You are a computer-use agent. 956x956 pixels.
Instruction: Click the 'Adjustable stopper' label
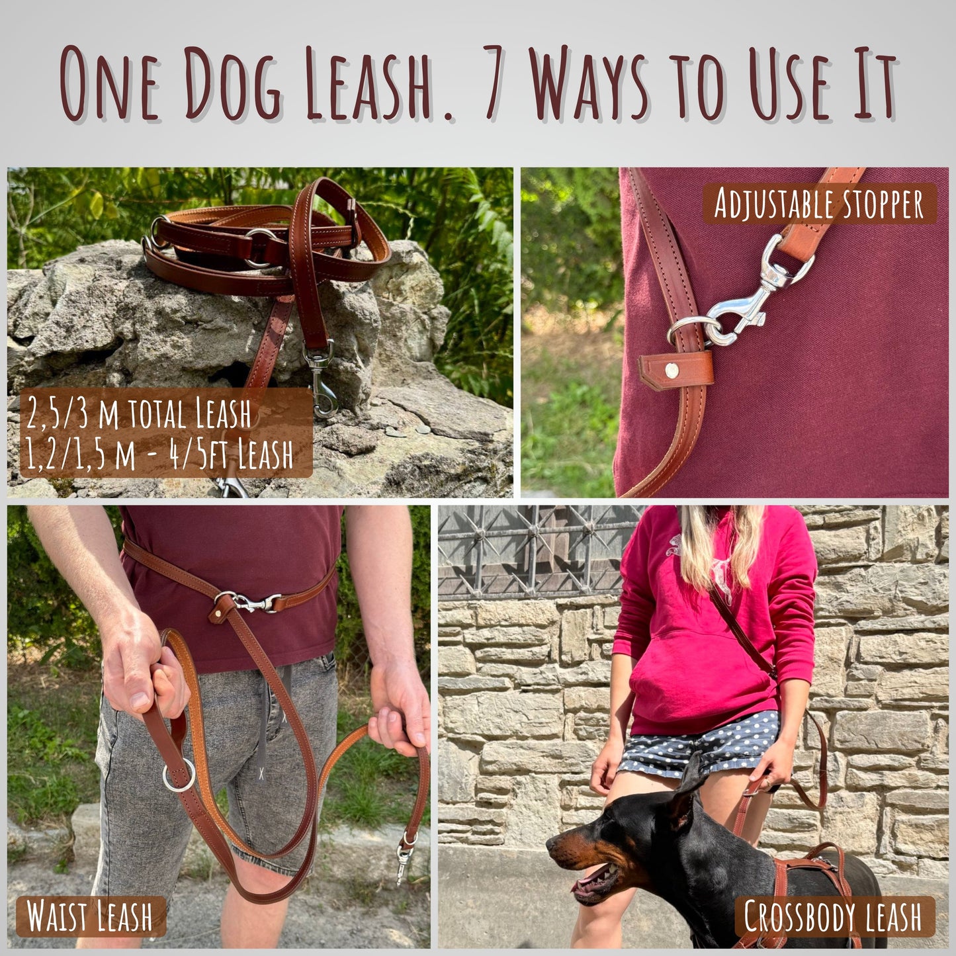click(819, 204)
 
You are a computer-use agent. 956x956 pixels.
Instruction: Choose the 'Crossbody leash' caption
click(833, 916)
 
